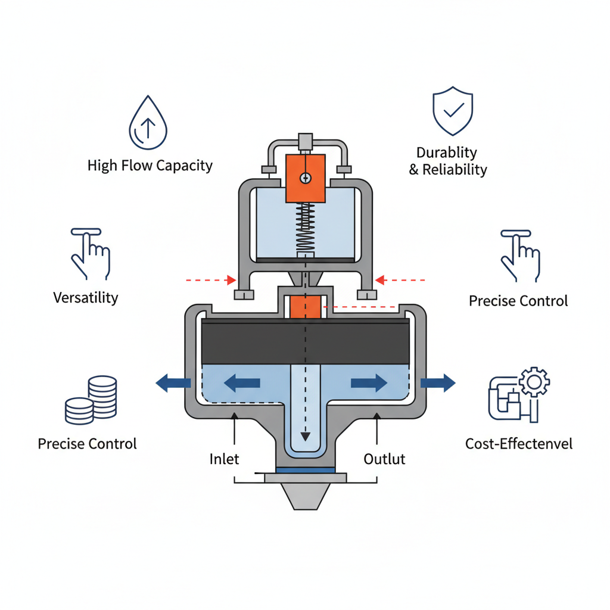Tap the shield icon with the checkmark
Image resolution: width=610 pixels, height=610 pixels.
pos(453,111)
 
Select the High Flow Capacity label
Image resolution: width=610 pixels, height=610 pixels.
pos(150,165)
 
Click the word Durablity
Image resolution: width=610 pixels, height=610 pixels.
pos(446,152)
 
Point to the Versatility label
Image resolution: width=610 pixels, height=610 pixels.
pos(86,297)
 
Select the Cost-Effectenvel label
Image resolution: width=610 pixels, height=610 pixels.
pos(518,444)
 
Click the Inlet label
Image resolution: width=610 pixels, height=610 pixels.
pos(225,459)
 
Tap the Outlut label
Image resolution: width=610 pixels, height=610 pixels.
pos(384,459)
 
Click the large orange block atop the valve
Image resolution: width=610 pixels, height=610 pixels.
pos(305,178)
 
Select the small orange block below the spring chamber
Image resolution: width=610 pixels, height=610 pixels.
pos(305,307)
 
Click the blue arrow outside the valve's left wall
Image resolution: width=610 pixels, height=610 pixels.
pos(169,383)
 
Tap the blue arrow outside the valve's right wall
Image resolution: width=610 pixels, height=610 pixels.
pos(438,383)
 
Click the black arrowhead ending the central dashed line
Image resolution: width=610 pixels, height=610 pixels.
pos(305,436)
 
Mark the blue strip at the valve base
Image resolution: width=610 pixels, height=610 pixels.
pos(305,470)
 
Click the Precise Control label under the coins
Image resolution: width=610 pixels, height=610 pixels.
pos(87,444)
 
